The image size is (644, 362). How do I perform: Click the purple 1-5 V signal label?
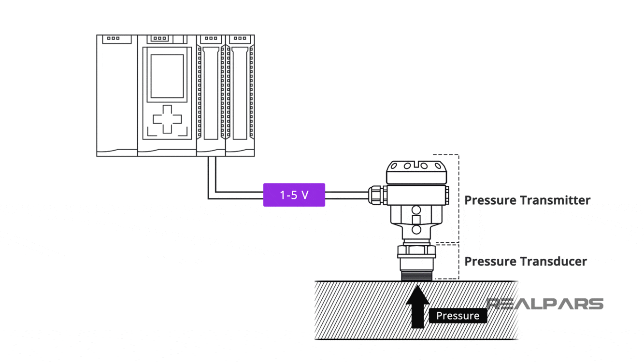click(294, 195)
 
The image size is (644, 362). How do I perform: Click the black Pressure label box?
click(458, 316)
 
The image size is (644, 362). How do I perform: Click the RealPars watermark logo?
click(545, 304)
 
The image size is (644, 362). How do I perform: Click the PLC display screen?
click(167, 76)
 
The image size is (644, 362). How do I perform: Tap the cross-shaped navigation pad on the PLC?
click(167, 119)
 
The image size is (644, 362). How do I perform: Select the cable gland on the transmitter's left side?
click(376, 195)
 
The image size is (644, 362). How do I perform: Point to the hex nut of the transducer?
click(416, 251)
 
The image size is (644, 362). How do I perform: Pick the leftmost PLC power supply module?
click(117, 97)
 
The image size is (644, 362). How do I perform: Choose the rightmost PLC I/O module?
click(240, 97)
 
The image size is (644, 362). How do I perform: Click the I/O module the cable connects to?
click(211, 97)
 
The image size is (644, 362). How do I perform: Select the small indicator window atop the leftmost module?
click(114, 39)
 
